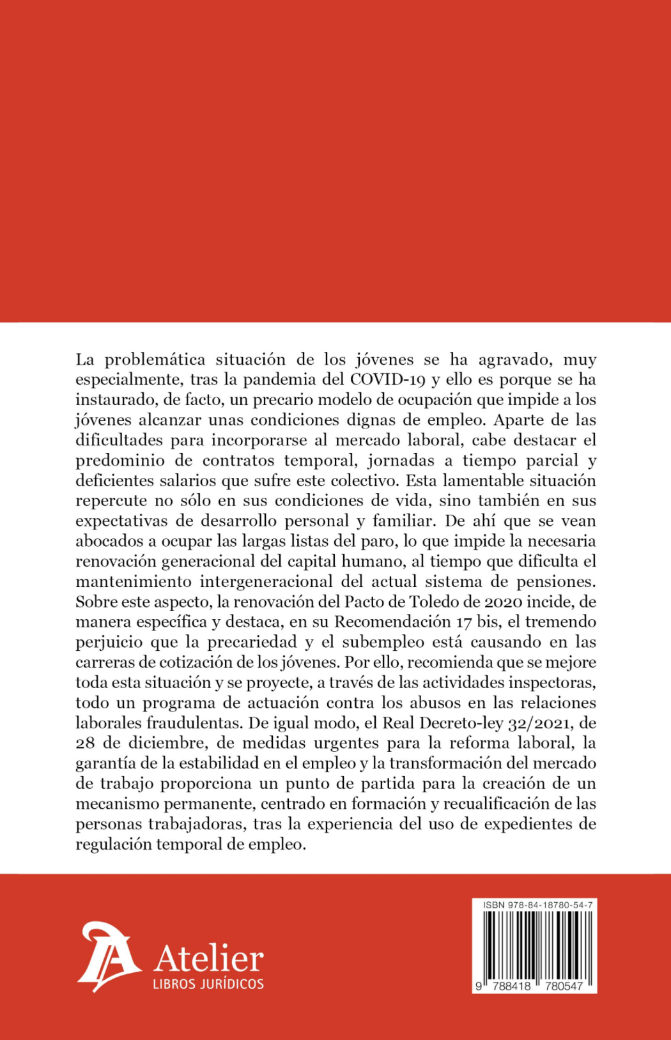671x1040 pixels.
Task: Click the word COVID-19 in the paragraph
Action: tap(388, 379)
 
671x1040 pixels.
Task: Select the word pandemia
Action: tap(276, 379)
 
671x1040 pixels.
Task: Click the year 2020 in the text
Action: tap(504, 602)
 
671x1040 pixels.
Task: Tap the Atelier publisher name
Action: tap(208, 959)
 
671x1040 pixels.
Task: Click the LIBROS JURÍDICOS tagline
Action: tap(208, 984)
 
